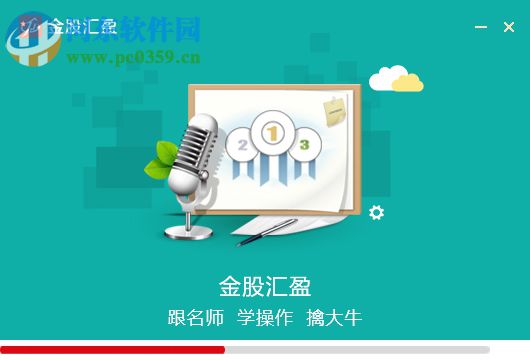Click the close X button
point(509,27)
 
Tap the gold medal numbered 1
point(271,130)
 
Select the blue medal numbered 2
point(241,144)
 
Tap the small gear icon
point(376,212)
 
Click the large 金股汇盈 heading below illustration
point(264,286)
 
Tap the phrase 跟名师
point(196,319)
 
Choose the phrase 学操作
point(264,319)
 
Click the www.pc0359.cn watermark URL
point(134,57)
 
